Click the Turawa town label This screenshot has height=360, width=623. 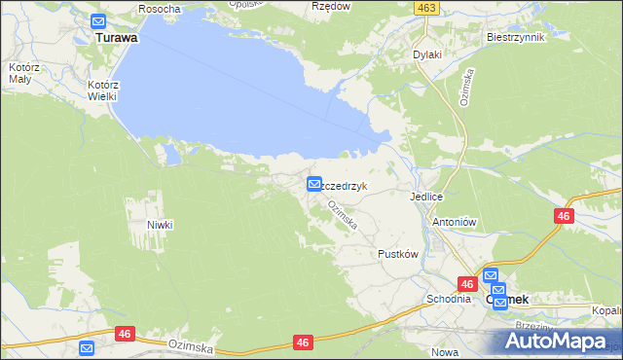coord(116,38)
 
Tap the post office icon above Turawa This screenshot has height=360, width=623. coord(99,21)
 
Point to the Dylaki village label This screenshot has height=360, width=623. coord(427,54)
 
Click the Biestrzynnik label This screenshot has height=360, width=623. coord(515,37)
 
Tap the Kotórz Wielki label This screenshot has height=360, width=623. coord(101,90)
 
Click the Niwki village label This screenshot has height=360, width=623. coord(160,225)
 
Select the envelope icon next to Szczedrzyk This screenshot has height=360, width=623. coord(314,184)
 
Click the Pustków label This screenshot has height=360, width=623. coord(397,254)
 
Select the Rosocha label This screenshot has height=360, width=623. coord(160,9)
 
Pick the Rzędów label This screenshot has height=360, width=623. coord(330,7)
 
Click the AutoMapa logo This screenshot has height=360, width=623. coord(558,341)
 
